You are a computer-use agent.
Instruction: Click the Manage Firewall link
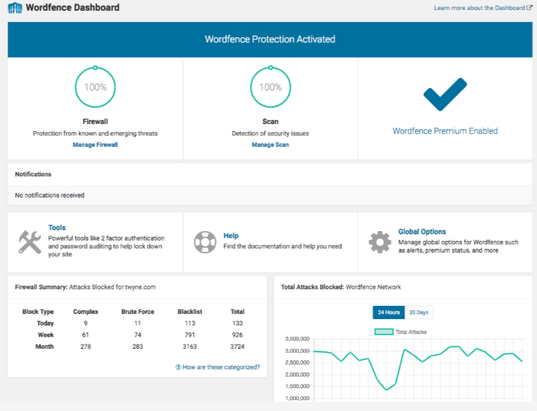click(x=95, y=145)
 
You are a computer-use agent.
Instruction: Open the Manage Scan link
click(x=270, y=145)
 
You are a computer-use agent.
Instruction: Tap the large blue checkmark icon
click(x=445, y=95)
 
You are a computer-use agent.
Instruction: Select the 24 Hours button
click(x=388, y=313)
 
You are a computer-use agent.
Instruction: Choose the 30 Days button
click(x=419, y=313)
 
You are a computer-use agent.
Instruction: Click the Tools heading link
click(x=57, y=227)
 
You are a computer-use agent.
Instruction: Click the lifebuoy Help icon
click(x=205, y=241)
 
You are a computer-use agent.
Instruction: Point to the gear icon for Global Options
click(x=380, y=241)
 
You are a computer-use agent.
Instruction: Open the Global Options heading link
click(x=422, y=232)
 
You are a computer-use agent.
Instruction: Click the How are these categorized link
click(x=217, y=367)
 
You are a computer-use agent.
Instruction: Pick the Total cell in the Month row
click(x=237, y=346)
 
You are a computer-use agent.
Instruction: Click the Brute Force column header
click(x=137, y=312)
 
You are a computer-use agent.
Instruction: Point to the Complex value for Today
click(x=85, y=324)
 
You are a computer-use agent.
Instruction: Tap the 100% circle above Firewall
click(x=95, y=87)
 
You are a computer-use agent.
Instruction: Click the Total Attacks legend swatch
click(x=384, y=332)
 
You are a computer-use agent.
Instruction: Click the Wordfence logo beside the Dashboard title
click(x=15, y=9)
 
